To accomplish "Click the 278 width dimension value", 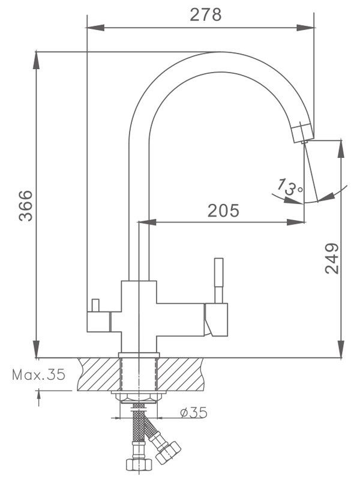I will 206,14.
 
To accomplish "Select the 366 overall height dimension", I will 26,205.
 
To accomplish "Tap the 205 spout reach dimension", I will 223,211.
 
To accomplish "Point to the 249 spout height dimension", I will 332,258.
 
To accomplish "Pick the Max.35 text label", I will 38,375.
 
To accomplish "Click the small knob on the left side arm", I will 94,305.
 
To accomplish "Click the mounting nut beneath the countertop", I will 139,396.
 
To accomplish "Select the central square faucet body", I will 139,315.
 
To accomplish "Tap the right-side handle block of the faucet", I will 216,319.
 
